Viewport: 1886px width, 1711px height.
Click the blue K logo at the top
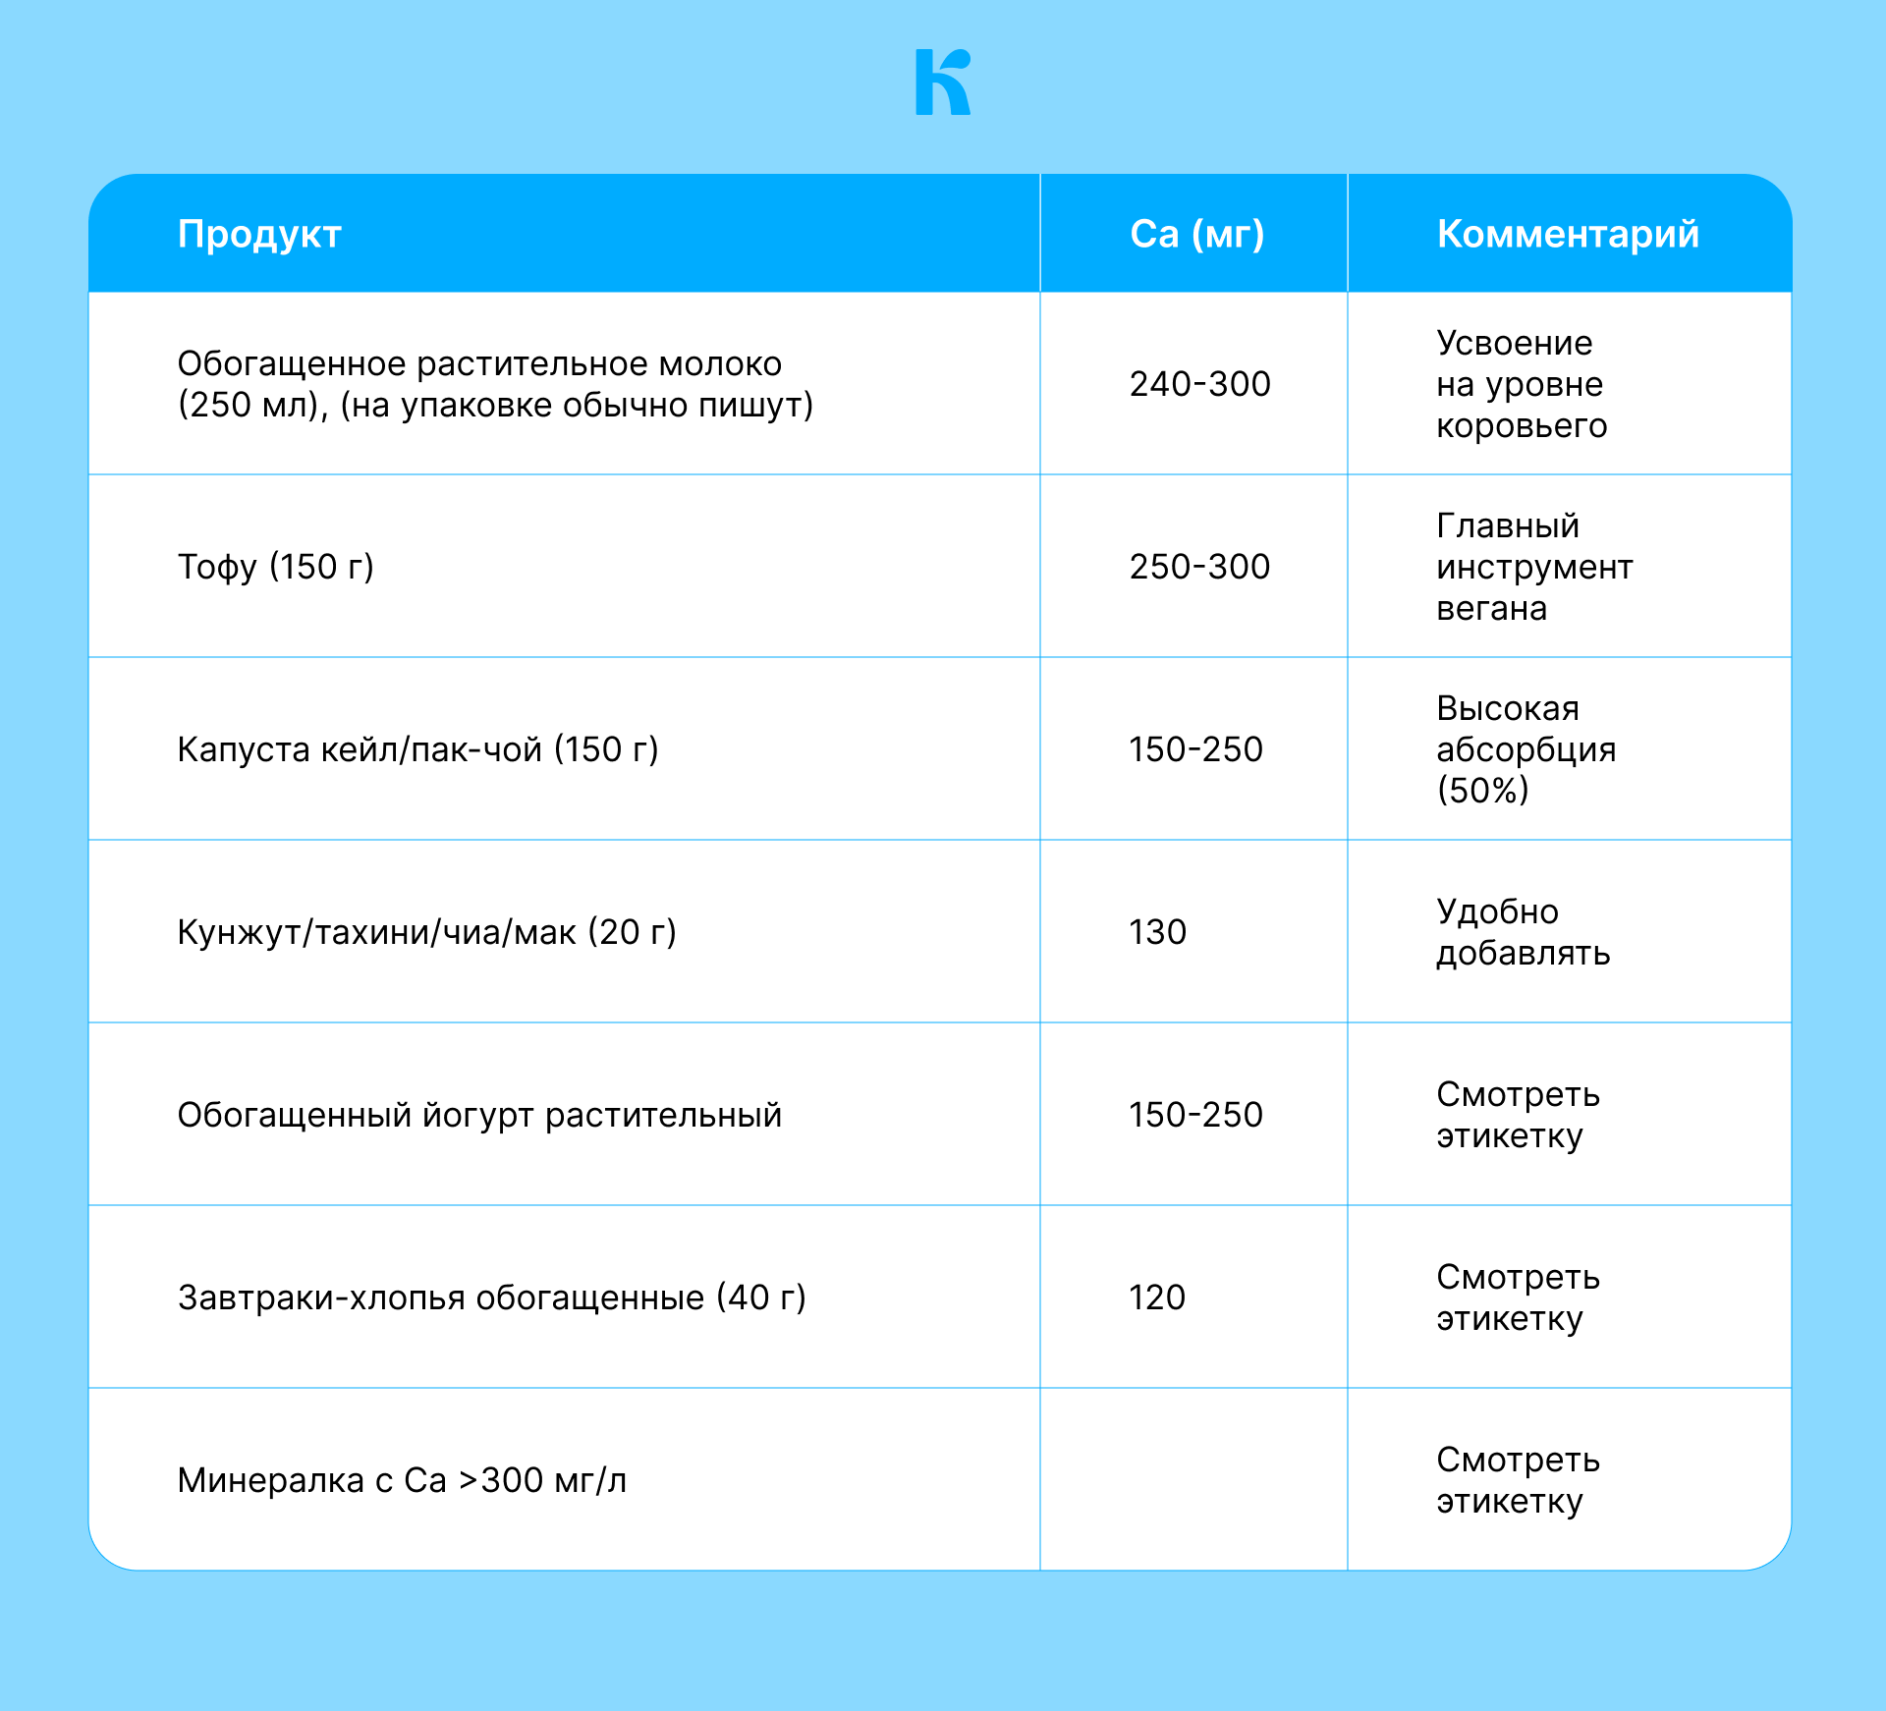click(942, 83)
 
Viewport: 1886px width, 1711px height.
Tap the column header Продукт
click(259, 234)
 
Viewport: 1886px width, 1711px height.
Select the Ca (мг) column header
click(1196, 234)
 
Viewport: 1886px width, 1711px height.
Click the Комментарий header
click(1568, 234)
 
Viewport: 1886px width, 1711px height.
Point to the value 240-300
click(1199, 384)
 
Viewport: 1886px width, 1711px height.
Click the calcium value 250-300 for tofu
click(1199, 567)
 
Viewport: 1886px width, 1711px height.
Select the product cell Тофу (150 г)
click(275, 567)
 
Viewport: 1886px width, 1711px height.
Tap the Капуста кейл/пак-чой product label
click(417, 749)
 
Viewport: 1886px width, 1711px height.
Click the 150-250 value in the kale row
click(1195, 749)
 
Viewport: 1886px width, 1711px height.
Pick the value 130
click(1157, 932)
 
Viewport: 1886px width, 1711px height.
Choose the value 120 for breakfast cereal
click(1157, 1297)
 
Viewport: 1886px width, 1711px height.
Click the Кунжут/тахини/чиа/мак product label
click(426, 932)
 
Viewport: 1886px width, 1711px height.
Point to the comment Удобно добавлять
click(1523, 932)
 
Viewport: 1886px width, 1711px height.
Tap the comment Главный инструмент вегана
click(1533, 567)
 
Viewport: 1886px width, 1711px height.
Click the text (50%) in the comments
click(1482, 791)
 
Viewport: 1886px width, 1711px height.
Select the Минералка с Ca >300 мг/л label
click(402, 1480)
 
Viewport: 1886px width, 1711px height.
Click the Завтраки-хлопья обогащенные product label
click(491, 1297)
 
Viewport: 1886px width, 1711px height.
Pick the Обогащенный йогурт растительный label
click(479, 1115)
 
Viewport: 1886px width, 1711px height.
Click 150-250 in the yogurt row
click(1195, 1115)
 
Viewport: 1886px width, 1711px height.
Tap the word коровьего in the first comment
click(1522, 426)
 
